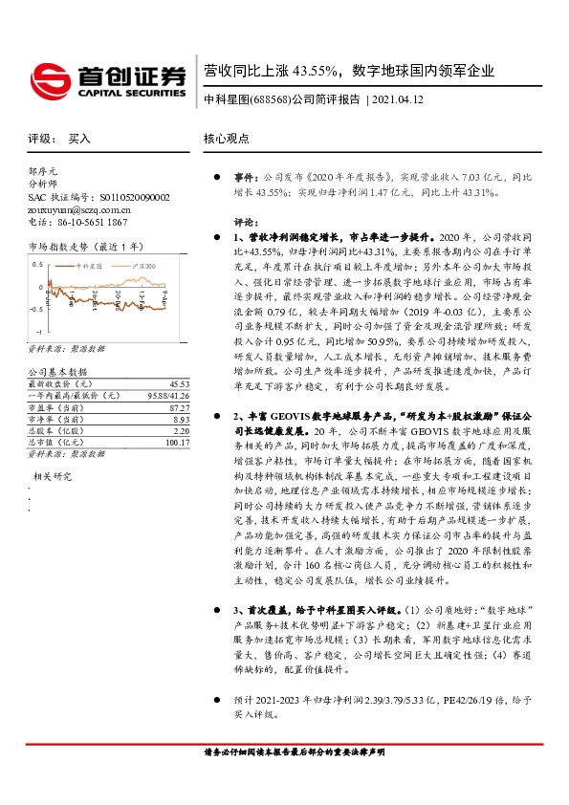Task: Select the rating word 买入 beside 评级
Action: [79, 139]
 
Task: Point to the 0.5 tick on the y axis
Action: [37, 263]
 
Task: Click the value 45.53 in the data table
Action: [157, 356]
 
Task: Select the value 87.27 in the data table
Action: [157, 380]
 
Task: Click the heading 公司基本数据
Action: [57, 344]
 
